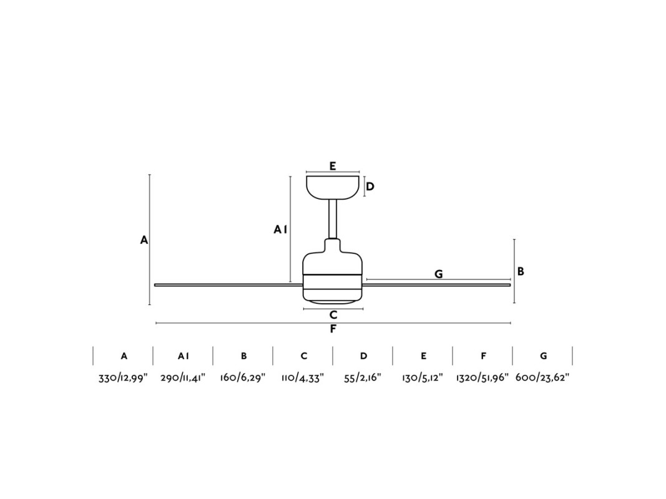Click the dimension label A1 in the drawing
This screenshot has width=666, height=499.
(x=280, y=230)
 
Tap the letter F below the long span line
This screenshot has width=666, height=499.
(x=333, y=329)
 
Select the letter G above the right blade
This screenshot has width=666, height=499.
(x=439, y=274)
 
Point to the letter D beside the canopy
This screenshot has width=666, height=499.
(x=370, y=187)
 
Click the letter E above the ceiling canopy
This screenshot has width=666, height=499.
(x=333, y=166)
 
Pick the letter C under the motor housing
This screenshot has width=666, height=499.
(x=333, y=315)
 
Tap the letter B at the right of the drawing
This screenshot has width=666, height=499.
(x=521, y=271)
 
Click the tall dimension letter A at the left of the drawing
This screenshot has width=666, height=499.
(x=144, y=240)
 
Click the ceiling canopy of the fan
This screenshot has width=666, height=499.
(x=333, y=187)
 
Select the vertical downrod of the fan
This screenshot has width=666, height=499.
(x=333, y=220)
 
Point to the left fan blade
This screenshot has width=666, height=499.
(x=228, y=284)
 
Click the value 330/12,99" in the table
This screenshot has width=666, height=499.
(x=123, y=377)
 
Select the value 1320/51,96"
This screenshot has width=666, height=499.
(x=482, y=377)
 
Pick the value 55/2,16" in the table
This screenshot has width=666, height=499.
(x=363, y=377)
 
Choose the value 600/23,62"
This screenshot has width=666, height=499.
(x=542, y=377)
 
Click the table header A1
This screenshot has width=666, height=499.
(x=184, y=356)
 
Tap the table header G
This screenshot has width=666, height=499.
(x=543, y=356)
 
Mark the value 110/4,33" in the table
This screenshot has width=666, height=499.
(x=303, y=377)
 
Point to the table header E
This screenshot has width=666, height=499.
(x=423, y=356)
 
